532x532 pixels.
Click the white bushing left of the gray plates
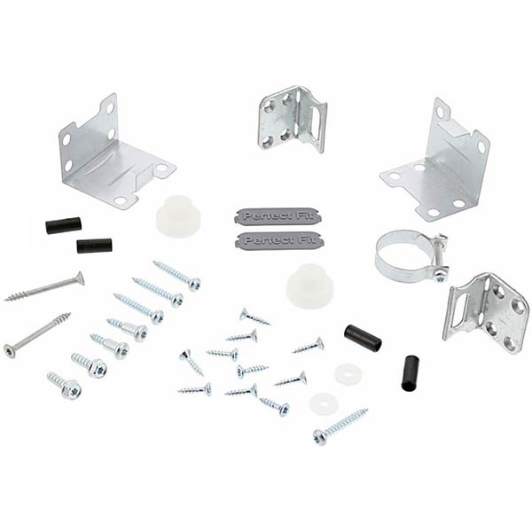click(x=176, y=216)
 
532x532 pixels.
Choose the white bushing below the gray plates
click(x=309, y=286)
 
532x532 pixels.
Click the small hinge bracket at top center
click(x=291, y=117)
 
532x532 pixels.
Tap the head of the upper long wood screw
click(x=79, y=278)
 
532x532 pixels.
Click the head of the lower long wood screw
click(x=10, y=350)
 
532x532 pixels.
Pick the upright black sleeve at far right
click(x=410, y=372)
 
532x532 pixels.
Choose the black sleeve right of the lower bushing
click(x=363, y=337)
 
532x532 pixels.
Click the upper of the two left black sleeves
click(x=64, y=225)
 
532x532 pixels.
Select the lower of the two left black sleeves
click(x=94, y=246)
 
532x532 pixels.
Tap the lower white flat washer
click(x=324, y=403)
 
